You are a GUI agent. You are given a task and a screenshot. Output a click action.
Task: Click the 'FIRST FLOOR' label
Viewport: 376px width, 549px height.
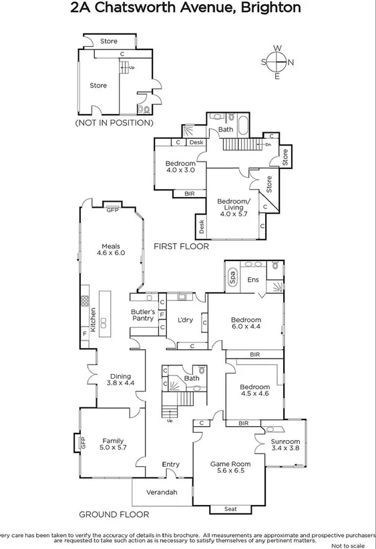[x=181, y=246]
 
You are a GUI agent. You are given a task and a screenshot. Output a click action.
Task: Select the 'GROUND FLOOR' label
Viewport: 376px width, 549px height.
[x=114, y=514]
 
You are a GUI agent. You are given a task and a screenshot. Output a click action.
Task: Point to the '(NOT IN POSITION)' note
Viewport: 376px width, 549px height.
[x=114, y=123]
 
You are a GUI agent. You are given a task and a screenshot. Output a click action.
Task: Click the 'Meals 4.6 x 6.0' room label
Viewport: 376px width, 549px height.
[x=111, y=249]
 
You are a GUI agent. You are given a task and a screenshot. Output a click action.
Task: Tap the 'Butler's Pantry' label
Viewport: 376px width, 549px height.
[x=142, y=315]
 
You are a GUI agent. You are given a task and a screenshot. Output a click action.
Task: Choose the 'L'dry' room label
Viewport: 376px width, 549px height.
[x=185, y=320]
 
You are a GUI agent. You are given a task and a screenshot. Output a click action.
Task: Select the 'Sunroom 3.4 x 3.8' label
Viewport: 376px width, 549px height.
[x=285, y=445]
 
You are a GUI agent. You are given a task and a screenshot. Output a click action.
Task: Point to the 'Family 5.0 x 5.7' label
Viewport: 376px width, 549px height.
[x=113, y=445]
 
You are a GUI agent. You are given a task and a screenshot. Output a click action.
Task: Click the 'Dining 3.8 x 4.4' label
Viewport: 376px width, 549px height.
[x=120, y=379]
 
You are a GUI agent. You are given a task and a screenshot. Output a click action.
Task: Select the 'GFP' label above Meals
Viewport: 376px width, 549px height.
[x=113, y=210]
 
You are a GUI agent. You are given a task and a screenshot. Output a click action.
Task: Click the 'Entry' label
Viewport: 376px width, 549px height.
[x=171, y=465]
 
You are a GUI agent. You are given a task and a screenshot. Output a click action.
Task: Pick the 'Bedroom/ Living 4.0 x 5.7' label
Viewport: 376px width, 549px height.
[x=234, y=204]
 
